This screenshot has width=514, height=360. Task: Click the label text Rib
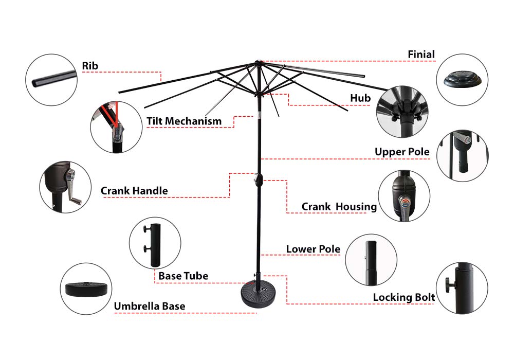tap(90, 66)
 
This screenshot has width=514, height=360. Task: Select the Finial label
tap(421, 54)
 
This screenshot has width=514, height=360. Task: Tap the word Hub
tap(360, 98)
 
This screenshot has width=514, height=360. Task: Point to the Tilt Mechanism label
tap(184, 121)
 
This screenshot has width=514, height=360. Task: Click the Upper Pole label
tap(401, 152)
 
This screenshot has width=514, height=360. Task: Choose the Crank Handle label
tap(134, 191)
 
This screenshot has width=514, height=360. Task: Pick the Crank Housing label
tap(339, 207)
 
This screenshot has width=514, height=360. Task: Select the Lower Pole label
tap(313, 249)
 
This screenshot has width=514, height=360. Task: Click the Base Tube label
tap(183, 276)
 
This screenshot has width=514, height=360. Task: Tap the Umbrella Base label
tap(149, 307)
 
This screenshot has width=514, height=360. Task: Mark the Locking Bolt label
tap(403, 297)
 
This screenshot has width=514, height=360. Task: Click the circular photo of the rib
tap(51, 80)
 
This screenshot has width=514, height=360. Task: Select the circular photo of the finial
tap(462, 80)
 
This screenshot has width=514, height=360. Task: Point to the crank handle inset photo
tap(65, 187)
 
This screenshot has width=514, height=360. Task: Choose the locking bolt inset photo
tap(462, 287)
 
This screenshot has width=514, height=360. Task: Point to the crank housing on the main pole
tap(258, 179)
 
